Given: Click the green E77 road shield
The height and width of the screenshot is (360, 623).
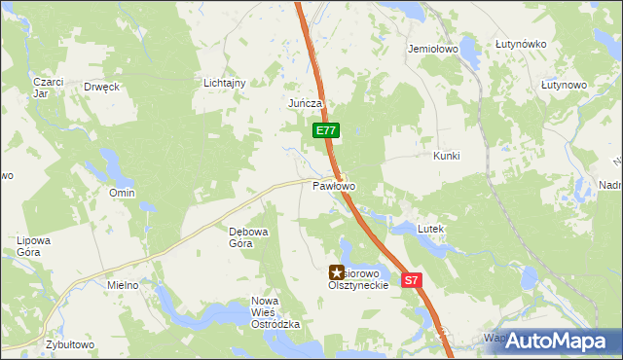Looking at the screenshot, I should [x=326, y=130].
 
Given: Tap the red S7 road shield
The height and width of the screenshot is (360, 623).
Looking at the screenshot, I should [x=412, y=280].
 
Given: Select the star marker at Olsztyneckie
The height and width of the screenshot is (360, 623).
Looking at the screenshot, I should [x=337, y=273].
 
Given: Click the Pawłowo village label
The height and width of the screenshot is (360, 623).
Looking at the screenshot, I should [x=334, y=185].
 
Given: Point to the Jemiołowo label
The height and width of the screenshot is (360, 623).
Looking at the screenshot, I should [x=433, y=48].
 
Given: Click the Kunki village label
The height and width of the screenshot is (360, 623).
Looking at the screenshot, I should [x=446, y=156].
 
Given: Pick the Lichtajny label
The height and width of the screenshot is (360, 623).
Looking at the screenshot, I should [x=224, y=83].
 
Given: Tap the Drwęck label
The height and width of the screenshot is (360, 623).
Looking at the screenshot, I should [x=101, y=86].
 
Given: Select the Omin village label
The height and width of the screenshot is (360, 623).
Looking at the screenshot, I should [x=122, y=193].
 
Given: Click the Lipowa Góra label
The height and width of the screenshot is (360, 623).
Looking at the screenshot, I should [x=33, y=245].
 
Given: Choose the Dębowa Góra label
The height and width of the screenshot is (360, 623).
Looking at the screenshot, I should [x=240, y=237].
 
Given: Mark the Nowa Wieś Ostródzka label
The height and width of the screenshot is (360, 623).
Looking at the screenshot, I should [x=275, y=312].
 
